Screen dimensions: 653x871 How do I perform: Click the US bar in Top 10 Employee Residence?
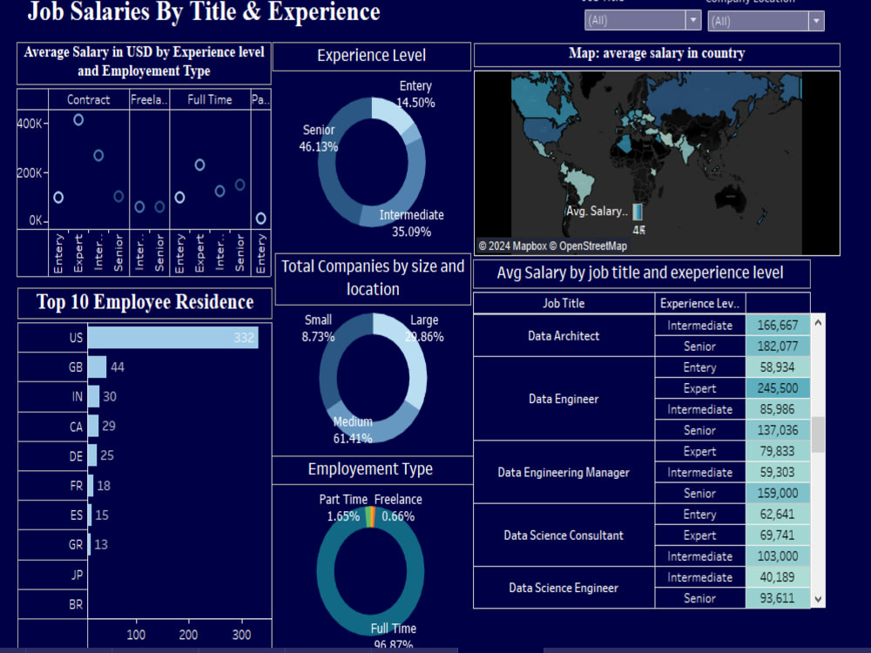(x=172, y=338)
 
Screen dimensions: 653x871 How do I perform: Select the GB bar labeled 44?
(x=97, y=367)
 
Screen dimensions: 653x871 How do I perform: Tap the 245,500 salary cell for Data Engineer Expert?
(x=777, y=388)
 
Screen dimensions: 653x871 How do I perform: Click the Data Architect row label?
(x=564, y=335)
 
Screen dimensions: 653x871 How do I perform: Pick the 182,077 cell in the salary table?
(x=777, y=347)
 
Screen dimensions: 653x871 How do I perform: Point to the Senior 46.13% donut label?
(x=319, y=138)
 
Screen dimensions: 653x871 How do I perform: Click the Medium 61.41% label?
(x=352, y=431)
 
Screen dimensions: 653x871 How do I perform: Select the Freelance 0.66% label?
(x=398, y=508)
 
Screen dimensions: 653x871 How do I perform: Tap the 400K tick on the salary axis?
(x=30, y=123)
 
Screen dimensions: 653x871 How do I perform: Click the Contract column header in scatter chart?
(x=89, y=100)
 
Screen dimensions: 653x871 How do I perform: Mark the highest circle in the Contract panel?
(x=78, y=120)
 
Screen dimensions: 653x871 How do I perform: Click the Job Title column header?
(x=564, y=304)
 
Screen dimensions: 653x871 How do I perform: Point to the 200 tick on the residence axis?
(x=188, y=634)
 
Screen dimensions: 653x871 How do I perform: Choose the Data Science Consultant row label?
(x=564, y=535)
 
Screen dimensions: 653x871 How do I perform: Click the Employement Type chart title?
(x=370, y=469)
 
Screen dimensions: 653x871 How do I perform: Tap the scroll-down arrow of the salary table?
(x=818, y=598)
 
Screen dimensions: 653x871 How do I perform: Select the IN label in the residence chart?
(x=77, y=397)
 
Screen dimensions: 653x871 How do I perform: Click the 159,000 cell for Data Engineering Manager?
(x=777, y=494)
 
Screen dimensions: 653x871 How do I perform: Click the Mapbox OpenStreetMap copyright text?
(x=552, y=246)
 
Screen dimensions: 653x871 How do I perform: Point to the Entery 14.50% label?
(x=415, y=94)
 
